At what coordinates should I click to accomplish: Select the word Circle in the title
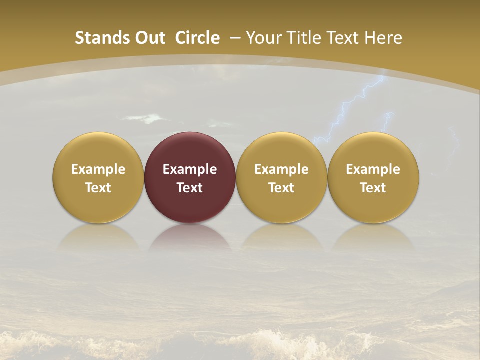pyautogui.click(x=197, y=38)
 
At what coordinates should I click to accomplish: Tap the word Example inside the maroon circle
pyautogui.click(x=190, y=169)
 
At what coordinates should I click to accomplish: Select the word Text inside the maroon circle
pyautogui.click(x=190, y=188)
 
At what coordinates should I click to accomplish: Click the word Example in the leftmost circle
pyautogui.click(x=98, y=169)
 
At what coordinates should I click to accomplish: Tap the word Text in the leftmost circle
pyautogui.click(x=98, y=188)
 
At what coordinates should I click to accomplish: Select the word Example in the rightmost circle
pyautogui.click(x=373, y=169)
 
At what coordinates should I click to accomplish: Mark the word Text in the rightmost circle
pyautogui.click(x=373, y=188)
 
